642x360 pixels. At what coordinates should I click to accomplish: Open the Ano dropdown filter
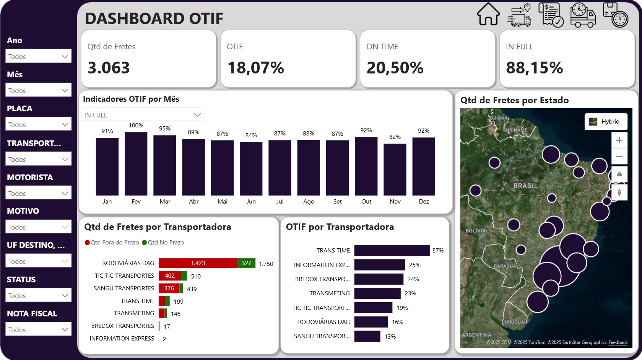pyautogui.click(x=38, y=56)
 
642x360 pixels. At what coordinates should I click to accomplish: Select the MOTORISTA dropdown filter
pyautogui.click(x=38, y=193)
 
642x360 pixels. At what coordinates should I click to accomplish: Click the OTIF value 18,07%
pyautogui.click(x=255, y=68)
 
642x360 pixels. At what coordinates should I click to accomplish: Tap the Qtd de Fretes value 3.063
pyautogui.click(x=109, y=68)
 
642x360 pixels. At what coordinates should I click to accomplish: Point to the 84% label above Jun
pyautogui.click(x=251, y=135)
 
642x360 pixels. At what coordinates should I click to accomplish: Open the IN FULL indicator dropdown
pyautogui.click(x=143, y=115)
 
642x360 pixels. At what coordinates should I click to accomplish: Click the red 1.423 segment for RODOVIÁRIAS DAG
pyautogui.click(x=198, y=263)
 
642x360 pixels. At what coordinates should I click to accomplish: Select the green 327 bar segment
pyautogui.click(x=246, y=263)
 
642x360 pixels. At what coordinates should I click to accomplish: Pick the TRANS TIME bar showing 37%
pyautogui.click(x=392, y=251)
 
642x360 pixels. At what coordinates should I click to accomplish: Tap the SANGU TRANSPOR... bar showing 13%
pyautogui.click(x=367, y=336)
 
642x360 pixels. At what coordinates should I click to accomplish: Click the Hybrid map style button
pyautogui.click(x=606, y=122)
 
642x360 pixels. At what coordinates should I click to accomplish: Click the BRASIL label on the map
pyautogui.click(x=525, y=186)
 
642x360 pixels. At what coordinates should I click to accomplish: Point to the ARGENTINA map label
pyautogui.click(x=476, y=335)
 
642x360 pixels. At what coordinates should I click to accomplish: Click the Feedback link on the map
pyautogui.click(x=618, y=342)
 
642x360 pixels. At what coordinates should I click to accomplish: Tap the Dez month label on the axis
pyautogui.click(x=424, y=202)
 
